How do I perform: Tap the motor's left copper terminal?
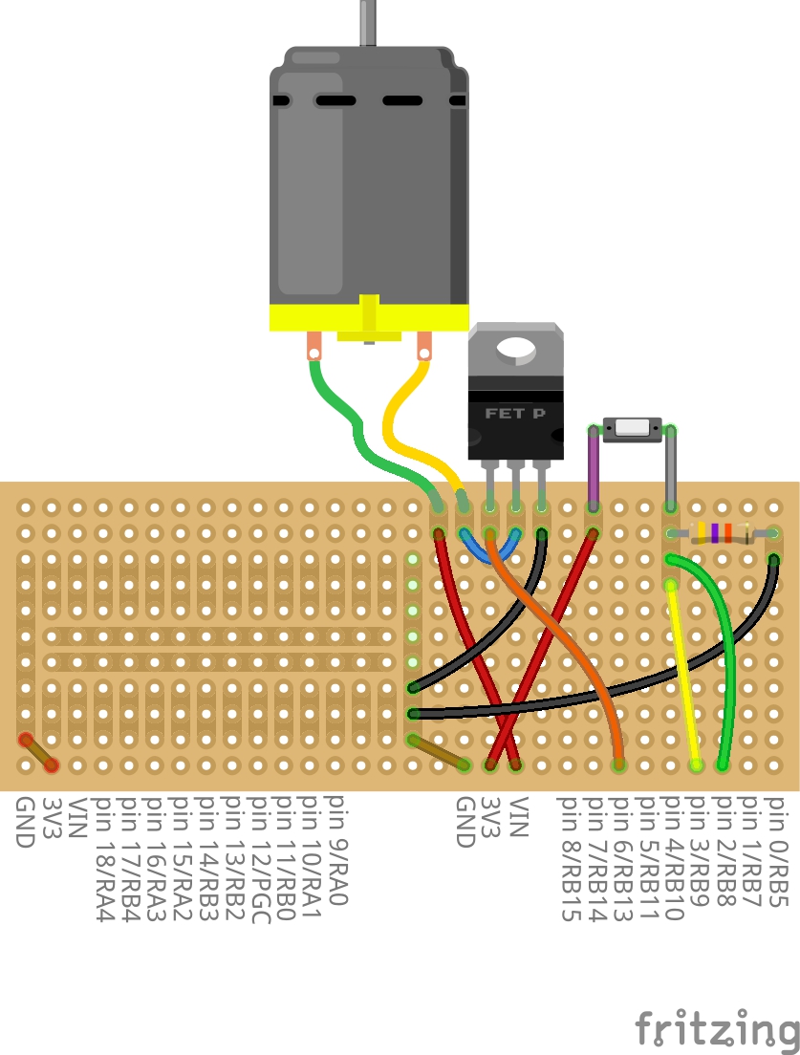tap(314, 345)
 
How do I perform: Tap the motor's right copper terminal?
tap(423, 345)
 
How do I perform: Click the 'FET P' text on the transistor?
tap(515, 414)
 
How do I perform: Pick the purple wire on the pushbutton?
tap(593, 468)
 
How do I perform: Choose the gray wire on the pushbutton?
tap(671, 468)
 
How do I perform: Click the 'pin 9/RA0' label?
tap(335, 850)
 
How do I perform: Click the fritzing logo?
tap(717, 1029)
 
